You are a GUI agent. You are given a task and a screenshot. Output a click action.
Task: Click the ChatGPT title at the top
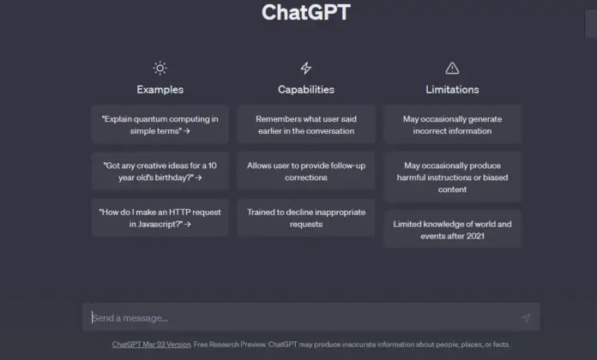point(306,12)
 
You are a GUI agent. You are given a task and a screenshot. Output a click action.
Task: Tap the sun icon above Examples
point(160,68)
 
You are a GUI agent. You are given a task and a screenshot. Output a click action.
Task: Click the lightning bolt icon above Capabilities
point(306,68)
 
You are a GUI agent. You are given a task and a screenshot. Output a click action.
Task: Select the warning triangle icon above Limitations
point(452,68)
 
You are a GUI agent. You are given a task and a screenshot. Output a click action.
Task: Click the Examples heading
point(160,89)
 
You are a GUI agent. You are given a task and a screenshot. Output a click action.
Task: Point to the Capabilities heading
point(306,89)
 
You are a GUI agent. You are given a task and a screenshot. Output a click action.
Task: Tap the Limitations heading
point(452,89)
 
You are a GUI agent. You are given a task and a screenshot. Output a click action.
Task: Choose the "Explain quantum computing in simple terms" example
point(160,124)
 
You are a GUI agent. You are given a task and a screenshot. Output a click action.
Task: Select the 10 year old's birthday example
point(160,171)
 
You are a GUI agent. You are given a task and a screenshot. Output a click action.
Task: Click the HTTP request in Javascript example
point(160,218)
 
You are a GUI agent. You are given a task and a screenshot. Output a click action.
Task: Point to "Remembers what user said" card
point(306,124)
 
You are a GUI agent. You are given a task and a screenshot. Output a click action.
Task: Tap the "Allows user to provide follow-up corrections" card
point(306,171)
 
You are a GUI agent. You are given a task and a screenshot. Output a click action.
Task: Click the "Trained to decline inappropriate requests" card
point(306,218)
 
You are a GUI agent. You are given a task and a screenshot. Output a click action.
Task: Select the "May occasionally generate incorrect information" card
point(452,124)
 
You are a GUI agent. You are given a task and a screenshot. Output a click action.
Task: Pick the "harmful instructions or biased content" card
point(452,177)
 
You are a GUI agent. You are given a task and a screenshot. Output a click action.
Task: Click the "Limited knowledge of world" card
point(452,230)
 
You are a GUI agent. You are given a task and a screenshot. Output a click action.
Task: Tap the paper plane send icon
point(526,317)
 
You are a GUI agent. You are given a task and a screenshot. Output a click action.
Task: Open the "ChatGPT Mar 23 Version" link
point(151,345)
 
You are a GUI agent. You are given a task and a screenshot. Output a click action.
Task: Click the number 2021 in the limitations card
point(475,236)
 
